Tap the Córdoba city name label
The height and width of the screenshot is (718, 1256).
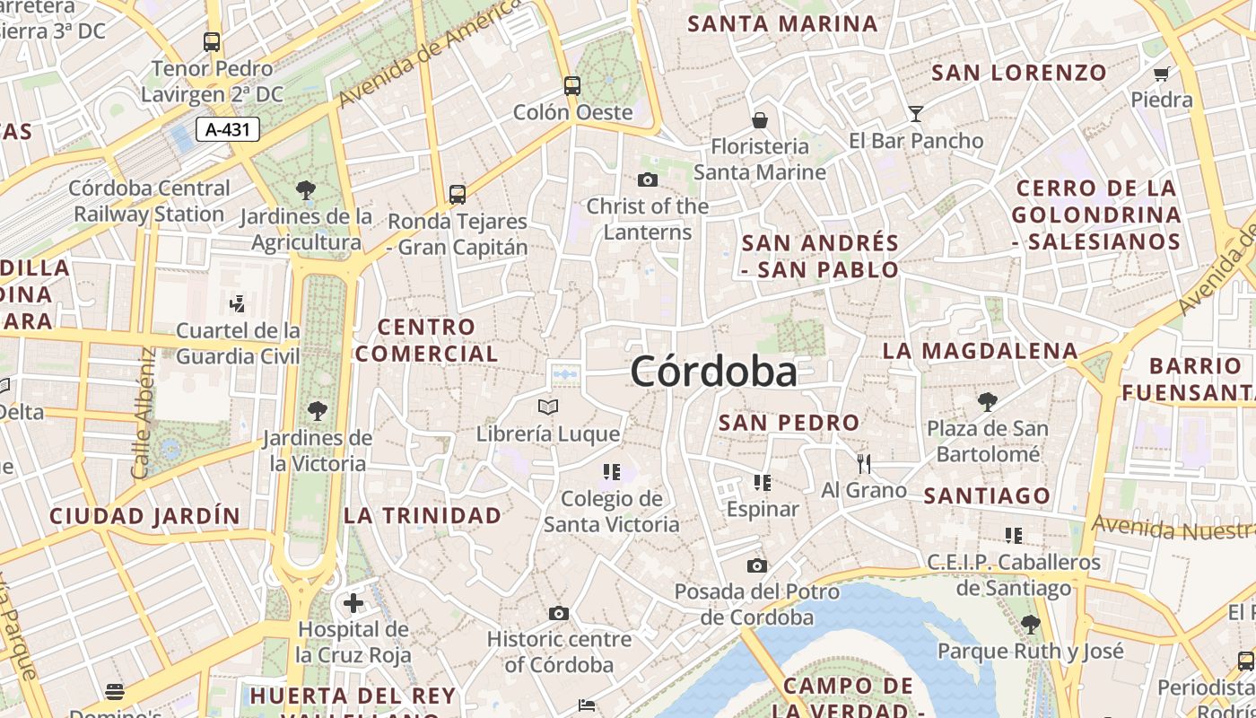[713, 372]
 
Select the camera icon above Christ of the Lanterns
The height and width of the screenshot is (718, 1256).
[648, 180]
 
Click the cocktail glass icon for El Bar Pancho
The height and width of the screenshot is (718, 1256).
[916, 114]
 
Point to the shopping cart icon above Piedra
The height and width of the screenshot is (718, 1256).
[1162, 74]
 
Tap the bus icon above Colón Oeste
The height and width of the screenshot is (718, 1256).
[572, 86]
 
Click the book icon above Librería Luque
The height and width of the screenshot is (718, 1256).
[548, 407]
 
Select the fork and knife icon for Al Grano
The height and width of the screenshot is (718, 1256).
[864, 464]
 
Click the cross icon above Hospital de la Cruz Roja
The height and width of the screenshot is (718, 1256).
[353, 602]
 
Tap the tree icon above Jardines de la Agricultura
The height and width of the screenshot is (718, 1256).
[306, 190]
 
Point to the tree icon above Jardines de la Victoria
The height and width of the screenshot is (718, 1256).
[317, 412]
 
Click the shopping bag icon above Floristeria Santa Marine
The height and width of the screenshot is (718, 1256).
[760, 120]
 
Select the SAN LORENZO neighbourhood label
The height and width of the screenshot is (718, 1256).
[1019, 73]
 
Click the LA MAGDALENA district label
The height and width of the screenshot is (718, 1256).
[980, 351]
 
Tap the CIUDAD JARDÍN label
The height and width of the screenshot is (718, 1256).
[144, 516]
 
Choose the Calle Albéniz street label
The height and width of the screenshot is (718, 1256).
[144, 413]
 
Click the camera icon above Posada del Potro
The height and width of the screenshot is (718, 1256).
[757, 565]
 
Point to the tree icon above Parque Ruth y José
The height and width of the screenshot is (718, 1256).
[1030, 625]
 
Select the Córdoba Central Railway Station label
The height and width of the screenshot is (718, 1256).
[150, 201]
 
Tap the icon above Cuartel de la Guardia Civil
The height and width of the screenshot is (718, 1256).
[238, 304]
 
